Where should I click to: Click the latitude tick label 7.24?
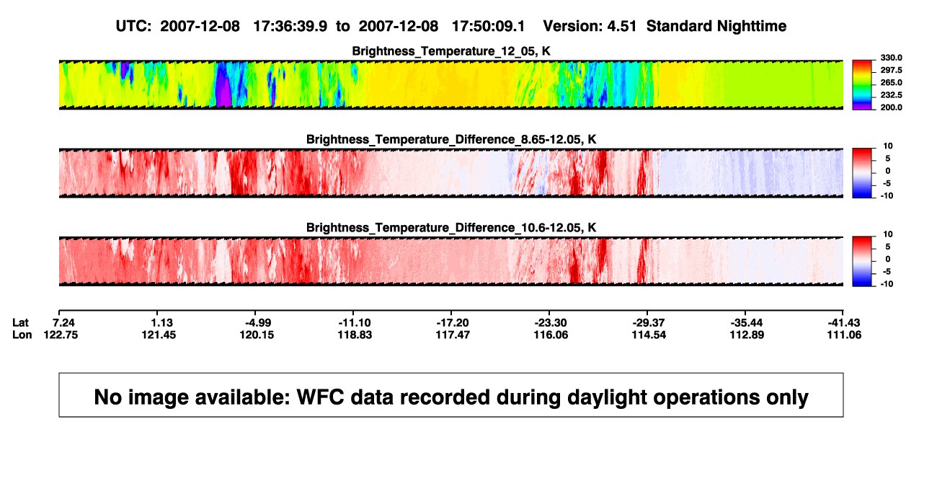pos(63,323)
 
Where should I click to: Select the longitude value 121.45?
pos(159,335)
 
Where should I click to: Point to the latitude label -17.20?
pos(452,323)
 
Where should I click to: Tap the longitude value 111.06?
pos(844,335)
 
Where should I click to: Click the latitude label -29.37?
pos(649,323)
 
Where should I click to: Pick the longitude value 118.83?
pos(355,335)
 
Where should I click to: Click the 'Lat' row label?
pos(20,323)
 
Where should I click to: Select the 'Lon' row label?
pos(22,335)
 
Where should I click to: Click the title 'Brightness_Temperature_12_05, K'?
pos(451,51)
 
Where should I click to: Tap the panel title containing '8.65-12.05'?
pos(451,139)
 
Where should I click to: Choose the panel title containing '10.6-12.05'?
pos(451,228)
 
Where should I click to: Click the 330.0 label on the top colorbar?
pos(891,58)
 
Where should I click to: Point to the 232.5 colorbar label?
pos(891,95)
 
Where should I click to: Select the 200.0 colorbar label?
pos(891,107)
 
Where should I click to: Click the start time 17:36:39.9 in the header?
pos(290,27)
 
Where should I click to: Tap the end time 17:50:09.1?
pos(488,27)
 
